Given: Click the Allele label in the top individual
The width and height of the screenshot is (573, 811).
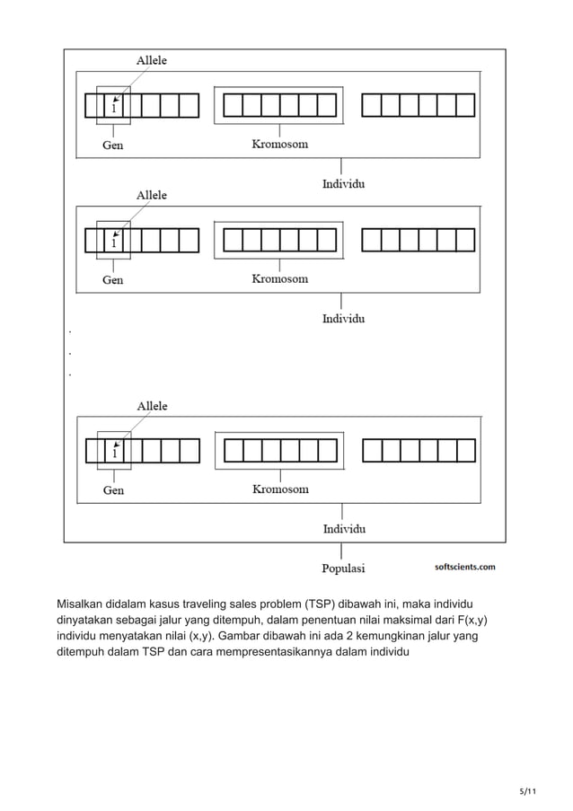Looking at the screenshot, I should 151,60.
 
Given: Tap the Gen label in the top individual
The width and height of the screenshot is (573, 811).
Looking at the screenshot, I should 112,145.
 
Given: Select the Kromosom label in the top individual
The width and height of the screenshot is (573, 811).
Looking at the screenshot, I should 278,145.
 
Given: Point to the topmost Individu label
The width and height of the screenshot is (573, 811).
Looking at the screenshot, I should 343,185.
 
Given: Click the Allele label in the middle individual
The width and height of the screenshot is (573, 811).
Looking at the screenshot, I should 151,194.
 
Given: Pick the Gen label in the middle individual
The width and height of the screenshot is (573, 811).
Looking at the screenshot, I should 113,279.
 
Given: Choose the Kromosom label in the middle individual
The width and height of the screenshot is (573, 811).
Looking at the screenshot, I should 279,278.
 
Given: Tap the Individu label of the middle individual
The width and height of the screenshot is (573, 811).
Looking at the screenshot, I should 343,318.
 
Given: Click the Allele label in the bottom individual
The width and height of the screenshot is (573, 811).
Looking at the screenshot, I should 151,406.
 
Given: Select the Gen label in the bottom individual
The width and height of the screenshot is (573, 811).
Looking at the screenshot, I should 113,490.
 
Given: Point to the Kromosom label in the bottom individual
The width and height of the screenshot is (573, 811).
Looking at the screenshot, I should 279,489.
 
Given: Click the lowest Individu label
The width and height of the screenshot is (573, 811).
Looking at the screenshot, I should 344,529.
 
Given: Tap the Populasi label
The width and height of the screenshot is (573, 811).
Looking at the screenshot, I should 343,568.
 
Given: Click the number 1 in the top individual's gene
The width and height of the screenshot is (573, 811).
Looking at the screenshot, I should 114,109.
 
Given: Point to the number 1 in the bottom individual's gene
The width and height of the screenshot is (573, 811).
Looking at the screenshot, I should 114,454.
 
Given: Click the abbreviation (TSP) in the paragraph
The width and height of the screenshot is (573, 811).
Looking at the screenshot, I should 324,603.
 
